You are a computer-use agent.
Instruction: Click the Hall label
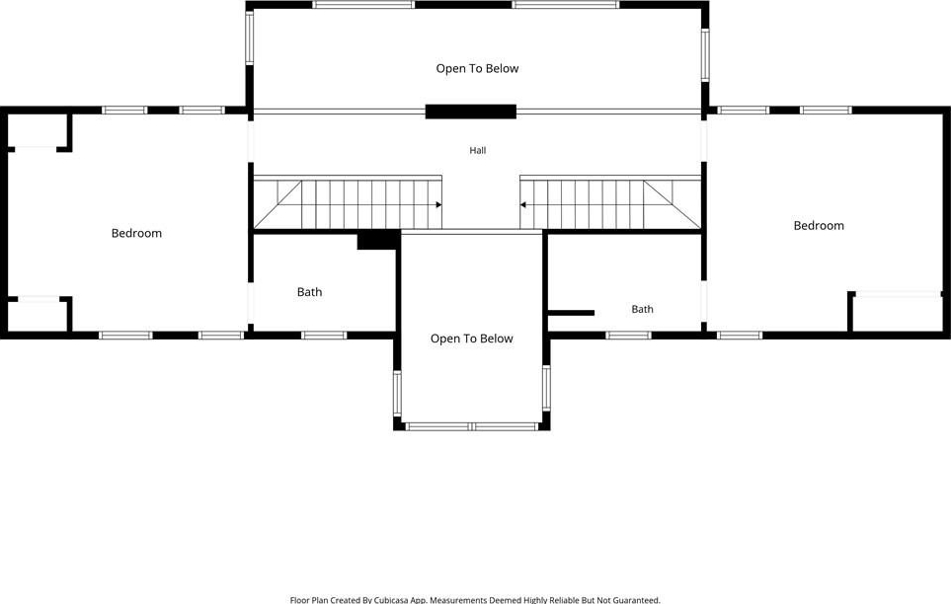coord(477,150)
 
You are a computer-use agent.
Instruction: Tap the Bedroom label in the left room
coord(136,234)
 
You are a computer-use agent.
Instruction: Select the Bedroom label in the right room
coord(819,226)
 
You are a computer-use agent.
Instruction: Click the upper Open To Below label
coord(477,68)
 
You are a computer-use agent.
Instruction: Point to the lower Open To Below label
coord(472,339)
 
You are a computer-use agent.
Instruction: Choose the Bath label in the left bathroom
coord(309,292)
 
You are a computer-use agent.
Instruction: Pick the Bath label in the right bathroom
coord(642,309)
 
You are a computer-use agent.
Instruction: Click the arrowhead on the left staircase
coord(438,205)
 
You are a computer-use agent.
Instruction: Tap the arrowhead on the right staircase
coord(522,205)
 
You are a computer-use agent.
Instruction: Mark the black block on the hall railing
coord(471,112)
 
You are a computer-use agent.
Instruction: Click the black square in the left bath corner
coord(377,241)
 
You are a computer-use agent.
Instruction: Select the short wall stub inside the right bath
coord(571,313)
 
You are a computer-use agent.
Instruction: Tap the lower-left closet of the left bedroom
coord(38,316)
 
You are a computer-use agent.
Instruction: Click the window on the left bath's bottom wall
coord(325,336)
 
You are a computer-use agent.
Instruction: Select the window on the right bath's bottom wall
coord(629,336)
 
